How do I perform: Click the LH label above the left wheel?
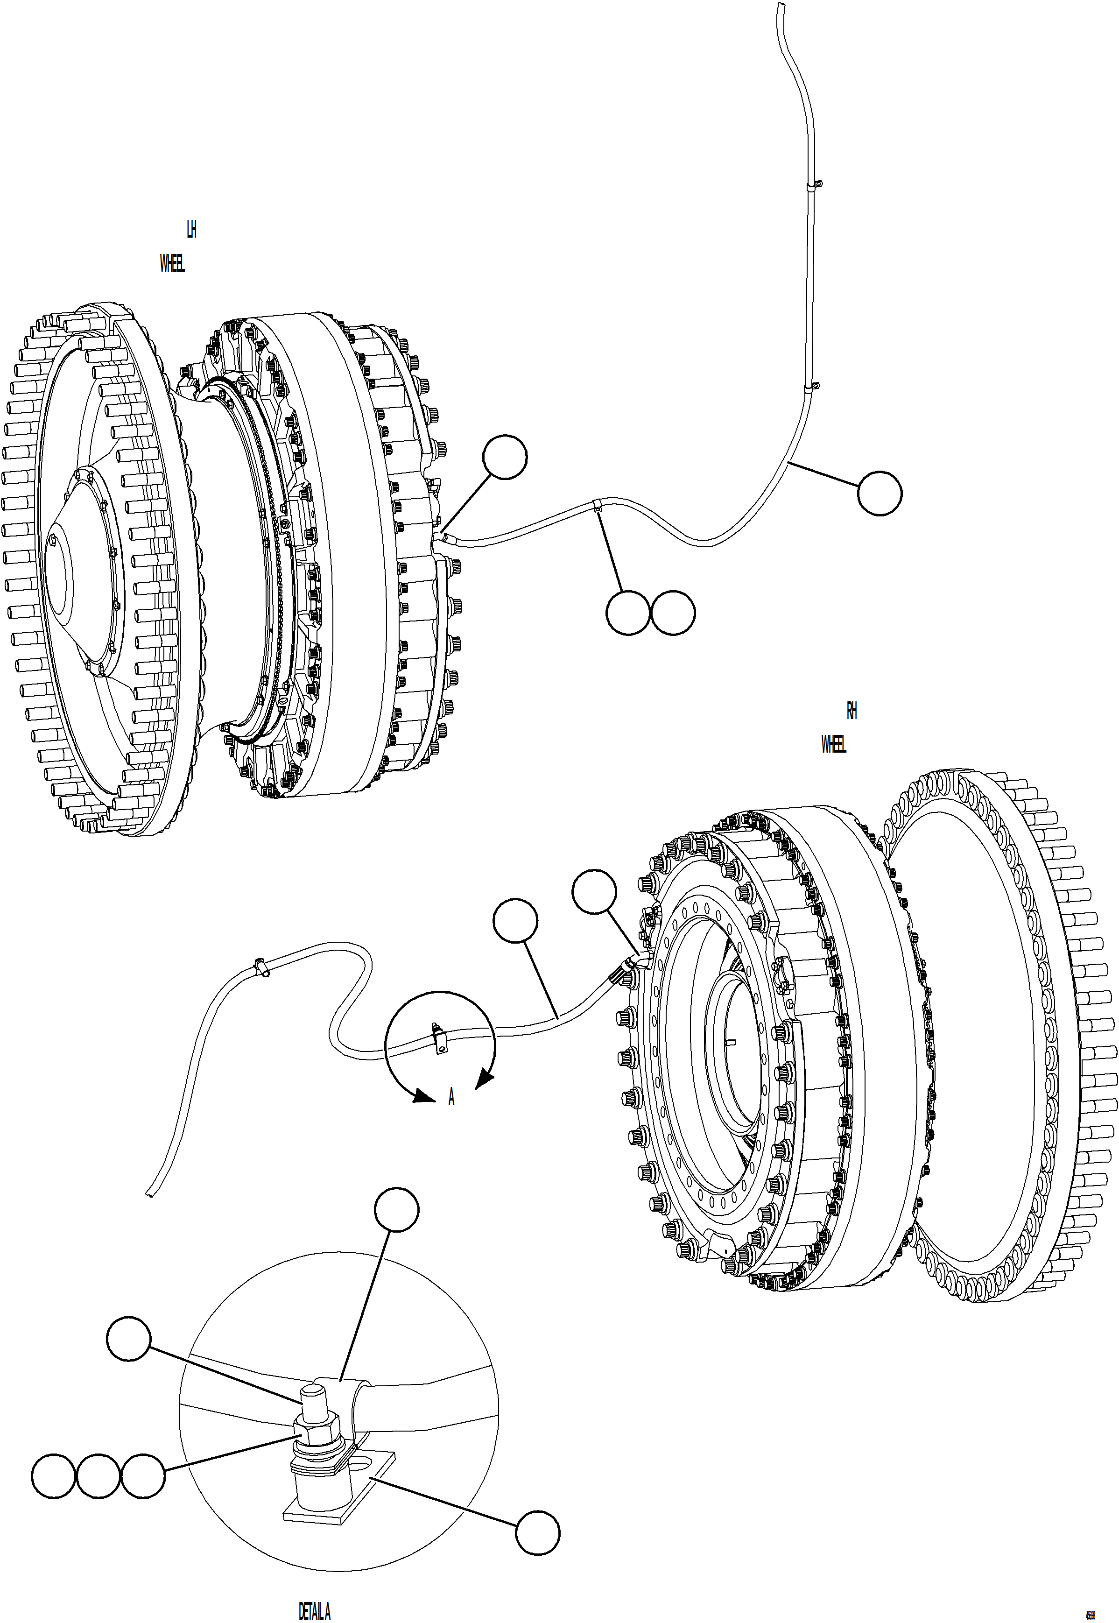click(x=191, y=229)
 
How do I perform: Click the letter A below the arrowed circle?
click(x=451, y=1098)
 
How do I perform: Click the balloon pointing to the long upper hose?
click(x=879, y=494)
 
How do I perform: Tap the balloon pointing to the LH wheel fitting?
click(x=505, y=457)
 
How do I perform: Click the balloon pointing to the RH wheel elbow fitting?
click(x=594, y=892)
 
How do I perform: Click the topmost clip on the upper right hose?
click(x=813, y=186)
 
